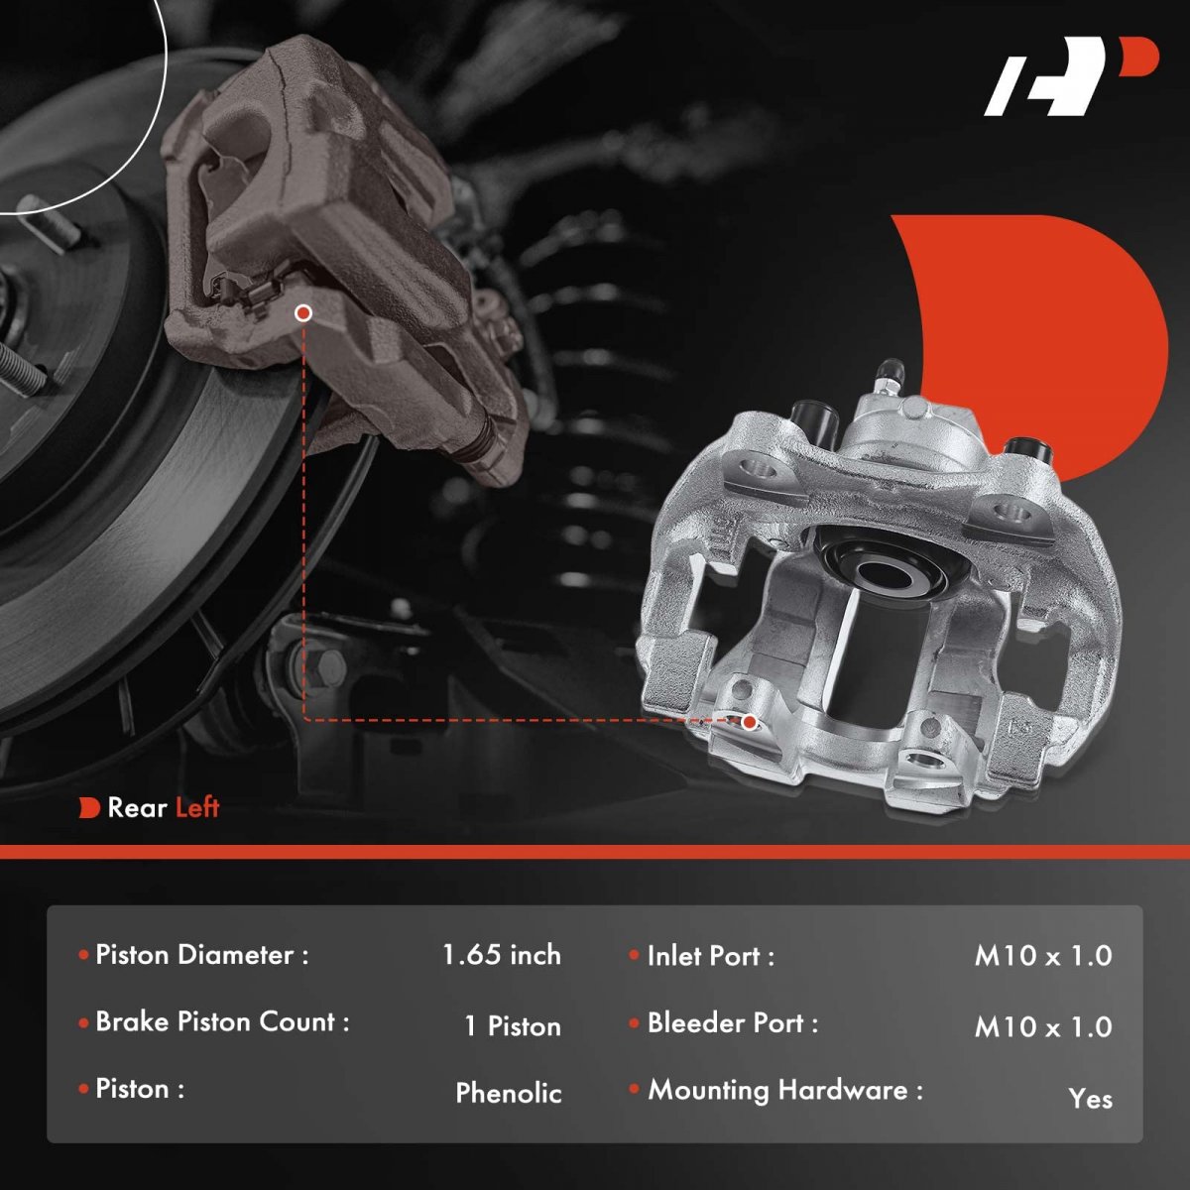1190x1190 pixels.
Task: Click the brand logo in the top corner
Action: [1071, 84]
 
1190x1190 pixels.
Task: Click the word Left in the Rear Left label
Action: [197, 807]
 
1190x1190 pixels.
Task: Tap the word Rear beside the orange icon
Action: [137, 808]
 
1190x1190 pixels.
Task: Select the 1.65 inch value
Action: [502, 955]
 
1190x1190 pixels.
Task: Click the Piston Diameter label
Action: [202, 955]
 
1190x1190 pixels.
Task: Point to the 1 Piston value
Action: [513, 1026]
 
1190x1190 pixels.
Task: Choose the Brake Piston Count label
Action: [222, 1022]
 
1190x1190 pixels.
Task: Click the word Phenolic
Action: [509, 1093]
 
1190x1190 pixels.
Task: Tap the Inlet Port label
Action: [711, 956]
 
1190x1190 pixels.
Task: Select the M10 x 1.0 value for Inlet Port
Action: [1043, 955]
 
